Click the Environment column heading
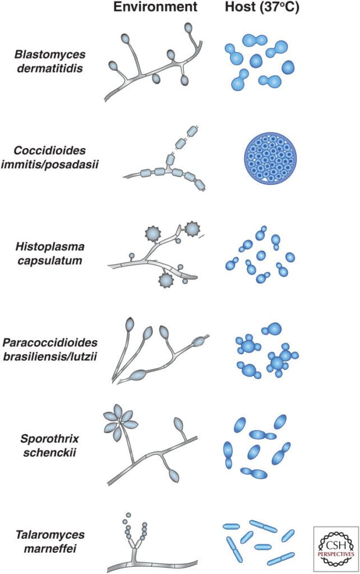coord(155,7)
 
